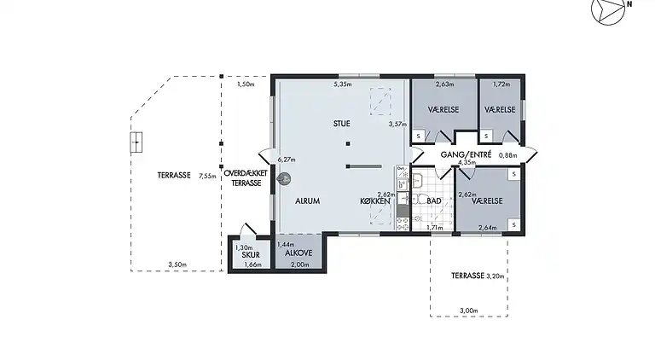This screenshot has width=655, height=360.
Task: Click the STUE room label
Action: tap(342, 124)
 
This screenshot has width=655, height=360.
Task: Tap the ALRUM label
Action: tap(307, 200)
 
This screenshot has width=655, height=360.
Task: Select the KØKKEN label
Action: tap(375, 201)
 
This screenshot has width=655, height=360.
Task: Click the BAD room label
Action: tap(434, 200)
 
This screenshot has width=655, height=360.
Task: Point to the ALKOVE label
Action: tap(299, 253)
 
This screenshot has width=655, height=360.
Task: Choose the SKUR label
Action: tap(251, 255)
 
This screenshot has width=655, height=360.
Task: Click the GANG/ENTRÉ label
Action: tap(467, 154)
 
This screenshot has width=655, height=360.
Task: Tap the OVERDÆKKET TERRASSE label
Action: tap(246, 178)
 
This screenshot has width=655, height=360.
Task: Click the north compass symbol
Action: tap(609, 10)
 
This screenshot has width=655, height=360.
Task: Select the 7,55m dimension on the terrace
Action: tap(207, 176)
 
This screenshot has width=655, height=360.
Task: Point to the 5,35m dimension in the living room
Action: tap(343, 84)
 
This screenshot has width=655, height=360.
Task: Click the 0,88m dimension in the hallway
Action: tap(508, 155)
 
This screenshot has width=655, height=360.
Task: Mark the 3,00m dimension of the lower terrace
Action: tap(469, 311)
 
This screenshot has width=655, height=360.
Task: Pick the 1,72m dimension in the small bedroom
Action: tap(501, 84)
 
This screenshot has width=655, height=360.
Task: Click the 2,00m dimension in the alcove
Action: tap(300, 264)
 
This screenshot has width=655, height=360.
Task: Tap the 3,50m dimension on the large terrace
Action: tap(177, 264)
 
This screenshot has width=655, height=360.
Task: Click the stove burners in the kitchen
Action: tap(403, 224)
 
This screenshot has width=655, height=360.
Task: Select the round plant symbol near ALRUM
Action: tap(284, 179)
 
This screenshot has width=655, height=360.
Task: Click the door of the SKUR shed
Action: tap(248, 229)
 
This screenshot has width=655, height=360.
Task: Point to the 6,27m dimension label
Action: tap(287, 160)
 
